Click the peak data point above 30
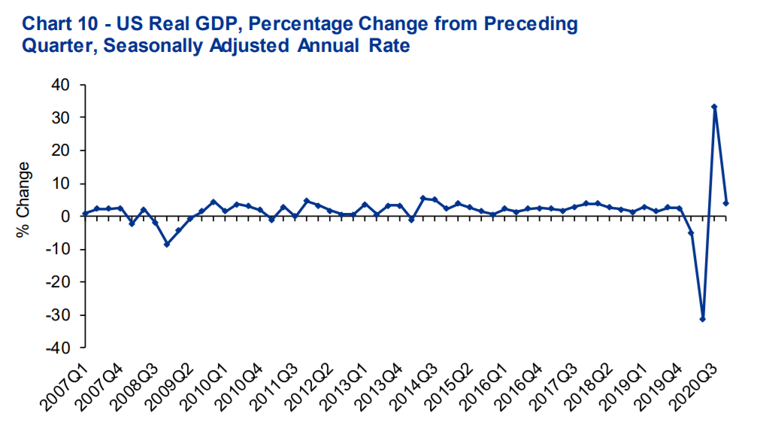pyautogui.click(x=714, y=107)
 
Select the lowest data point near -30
pyautogui.click(x=702, y=319)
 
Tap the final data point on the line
pyautogui.click(x=726, y=203)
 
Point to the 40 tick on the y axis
pyautogui.click(x=62, y=85)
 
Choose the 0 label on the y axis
pyautogui.click(x=66, y=217)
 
